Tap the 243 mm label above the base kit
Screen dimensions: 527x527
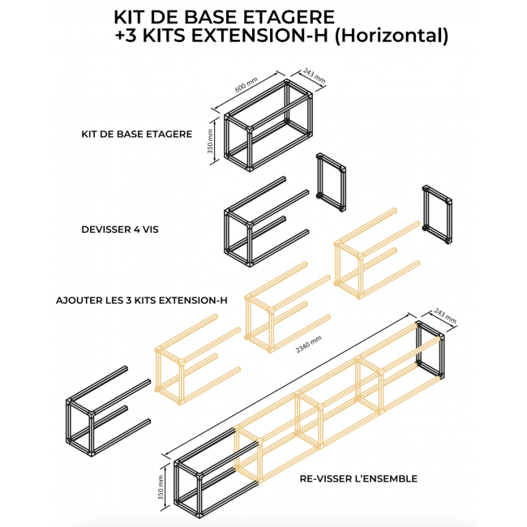314,75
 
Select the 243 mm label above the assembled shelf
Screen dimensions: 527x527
446,315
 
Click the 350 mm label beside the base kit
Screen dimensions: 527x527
211,141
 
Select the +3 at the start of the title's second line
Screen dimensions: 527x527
126,36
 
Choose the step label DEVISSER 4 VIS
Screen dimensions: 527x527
120,229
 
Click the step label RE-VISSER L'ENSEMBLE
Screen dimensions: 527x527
358,478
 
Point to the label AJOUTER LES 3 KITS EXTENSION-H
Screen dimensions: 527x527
141,300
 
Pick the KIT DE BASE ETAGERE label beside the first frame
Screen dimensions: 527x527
136,134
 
